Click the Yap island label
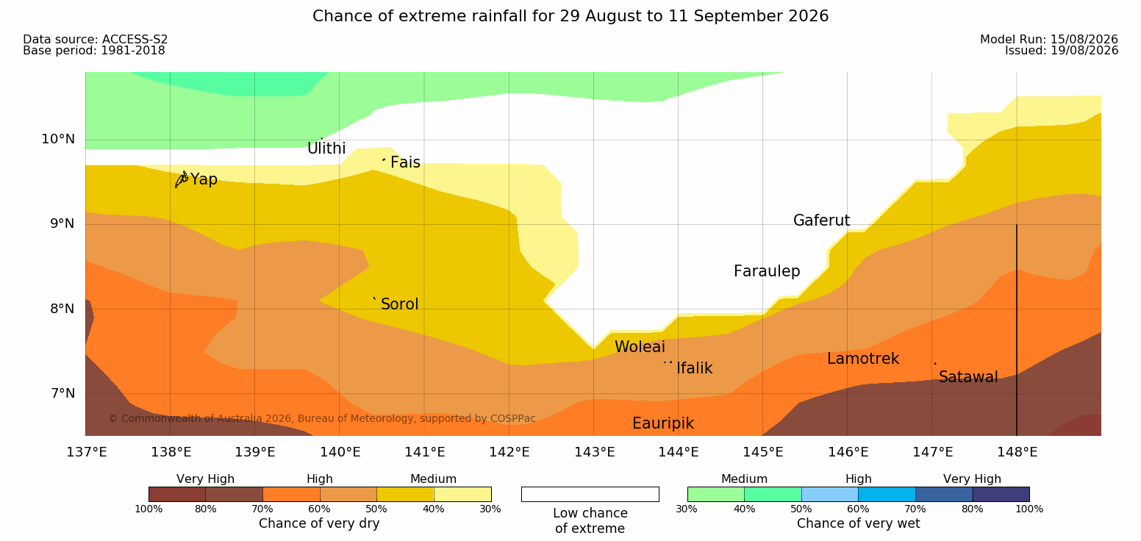[x=204, y=179]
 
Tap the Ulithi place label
[x=326, y=148]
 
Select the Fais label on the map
[x=406, y=162]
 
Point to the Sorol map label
[x=400, y=304]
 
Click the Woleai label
[x=640, y=347]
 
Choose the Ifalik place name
[x=694, y=368]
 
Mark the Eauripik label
[x=663, y=423]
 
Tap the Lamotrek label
[x=863, y=359]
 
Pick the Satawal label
[x=968, y=377]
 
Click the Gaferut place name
[x=822, y=220]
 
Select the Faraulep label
[x=767, y=271]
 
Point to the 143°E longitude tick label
[x=595, y=452]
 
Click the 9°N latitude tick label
[x=62, y=223]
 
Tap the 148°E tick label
[x=1017, y=452]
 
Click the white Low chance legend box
[x=590, y=494]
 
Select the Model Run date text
[x=1049, y=39]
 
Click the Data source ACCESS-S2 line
[x=96, y=39]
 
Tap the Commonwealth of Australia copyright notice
[x=322, y=418]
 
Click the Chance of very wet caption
[x=858, y=523]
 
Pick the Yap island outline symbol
[x=182, y=179]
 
